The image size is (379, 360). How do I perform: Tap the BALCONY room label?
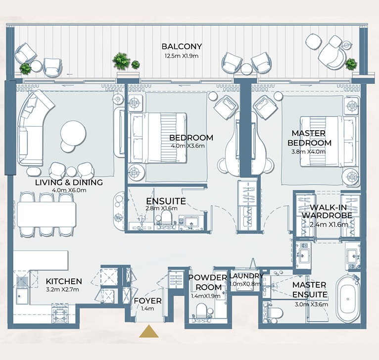[182, 46]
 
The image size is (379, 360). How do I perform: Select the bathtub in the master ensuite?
[347, 299]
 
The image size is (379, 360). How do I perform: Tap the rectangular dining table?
[47, 214]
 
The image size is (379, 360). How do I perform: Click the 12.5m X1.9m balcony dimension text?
[182, 56]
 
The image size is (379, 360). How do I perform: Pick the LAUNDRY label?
[246, 276]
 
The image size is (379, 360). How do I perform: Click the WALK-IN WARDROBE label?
[328, 211]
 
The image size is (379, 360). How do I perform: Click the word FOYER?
[147, 301]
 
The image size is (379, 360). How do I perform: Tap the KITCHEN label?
[64, 281]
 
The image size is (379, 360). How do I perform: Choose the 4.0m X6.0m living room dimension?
[69, 190]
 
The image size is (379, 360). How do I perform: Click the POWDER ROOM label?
[208, 282]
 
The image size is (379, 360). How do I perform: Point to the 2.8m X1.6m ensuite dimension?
[161, 208]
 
